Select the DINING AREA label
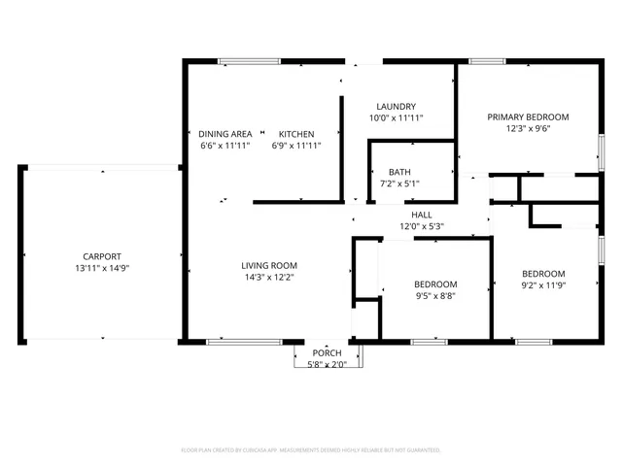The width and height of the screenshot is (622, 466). [x=225, y=134]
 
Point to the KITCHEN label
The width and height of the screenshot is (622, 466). [x=296, y=134]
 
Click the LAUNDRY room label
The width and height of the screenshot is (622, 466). [x=396, y=107]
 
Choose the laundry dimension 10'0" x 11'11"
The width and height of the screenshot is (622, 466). [x=396, y=118]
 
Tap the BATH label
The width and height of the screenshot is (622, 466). [x=399, y=172]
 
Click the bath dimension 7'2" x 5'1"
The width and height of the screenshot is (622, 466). [x=399, y=183]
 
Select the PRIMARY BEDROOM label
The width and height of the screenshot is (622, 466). [x=528, y=116]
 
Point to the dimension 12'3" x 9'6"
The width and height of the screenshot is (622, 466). [x=528, y=128]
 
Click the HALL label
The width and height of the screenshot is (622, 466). [x=422, y=215]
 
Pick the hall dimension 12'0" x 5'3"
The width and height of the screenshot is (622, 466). [x=422, y=226]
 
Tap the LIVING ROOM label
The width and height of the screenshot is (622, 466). [x=269, y=265]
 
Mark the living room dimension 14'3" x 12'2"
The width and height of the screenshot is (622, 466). [x=269, y=277]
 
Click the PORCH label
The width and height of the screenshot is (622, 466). [x=327, y=353]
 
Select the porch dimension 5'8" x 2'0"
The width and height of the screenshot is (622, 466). [x=327, y=365]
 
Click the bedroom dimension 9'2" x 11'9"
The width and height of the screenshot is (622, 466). [x=544, y=285]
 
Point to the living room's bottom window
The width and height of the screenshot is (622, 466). [x=245, y=342]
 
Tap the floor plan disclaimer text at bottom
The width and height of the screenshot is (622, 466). [x=311, y=450]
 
